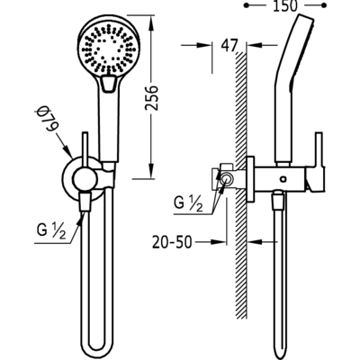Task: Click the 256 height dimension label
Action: coord(152,98)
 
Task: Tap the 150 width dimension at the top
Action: coord(284,5)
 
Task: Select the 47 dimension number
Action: coord(229,46)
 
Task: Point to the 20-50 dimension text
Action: coord(172,242)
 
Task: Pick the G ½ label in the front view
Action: coord(51,231)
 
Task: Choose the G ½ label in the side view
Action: coord(188,204)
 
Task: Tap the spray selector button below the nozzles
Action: coord(108,84)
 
